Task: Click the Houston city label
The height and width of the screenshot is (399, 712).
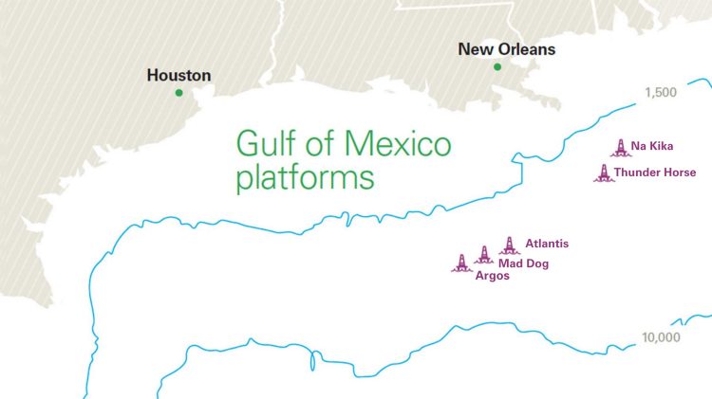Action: coord(178,75)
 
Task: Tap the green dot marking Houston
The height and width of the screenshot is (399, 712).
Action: coord(178,93)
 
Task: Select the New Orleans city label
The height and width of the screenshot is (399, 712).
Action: coord(506,49)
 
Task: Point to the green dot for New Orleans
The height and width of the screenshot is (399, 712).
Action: coord(497,66)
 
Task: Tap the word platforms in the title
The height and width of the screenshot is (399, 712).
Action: coord(305,177)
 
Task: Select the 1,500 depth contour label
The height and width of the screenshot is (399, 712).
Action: coord(660,93)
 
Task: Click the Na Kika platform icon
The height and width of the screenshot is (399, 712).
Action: coord(620,147)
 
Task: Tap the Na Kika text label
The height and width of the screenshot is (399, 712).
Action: coord(652,147)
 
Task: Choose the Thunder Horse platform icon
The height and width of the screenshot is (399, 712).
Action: coord(604,172)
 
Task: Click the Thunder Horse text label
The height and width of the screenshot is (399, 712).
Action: coord(655,172)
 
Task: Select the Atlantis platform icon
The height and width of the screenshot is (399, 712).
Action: coord(509,245)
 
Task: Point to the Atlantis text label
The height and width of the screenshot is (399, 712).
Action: coord(547,244)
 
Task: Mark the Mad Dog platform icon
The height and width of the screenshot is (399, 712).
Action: coord(484,255)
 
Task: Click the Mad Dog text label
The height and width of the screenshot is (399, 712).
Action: coord(523,263)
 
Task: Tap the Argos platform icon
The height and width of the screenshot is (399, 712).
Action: coord(461,263)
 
